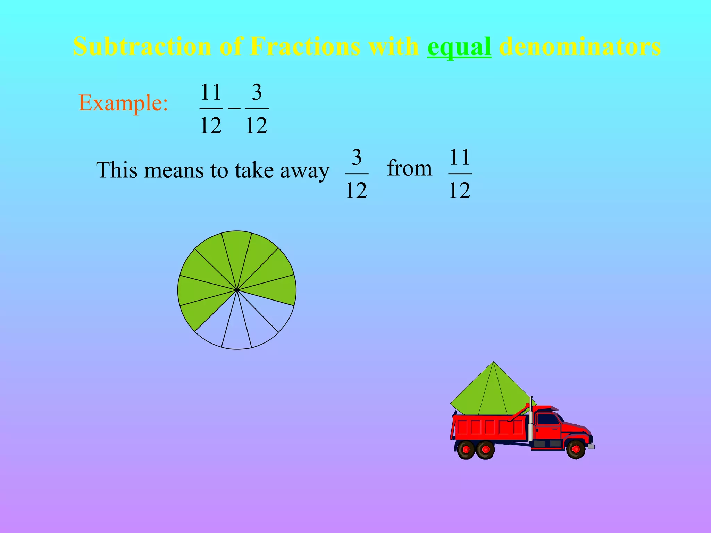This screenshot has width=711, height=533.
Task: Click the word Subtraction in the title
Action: (142, 46)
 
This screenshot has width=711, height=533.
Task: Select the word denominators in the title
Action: (579, 46)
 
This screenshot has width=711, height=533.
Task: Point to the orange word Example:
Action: (123, 103)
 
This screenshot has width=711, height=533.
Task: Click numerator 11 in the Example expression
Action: (211, 92)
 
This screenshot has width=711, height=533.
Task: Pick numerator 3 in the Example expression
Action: (257, 92)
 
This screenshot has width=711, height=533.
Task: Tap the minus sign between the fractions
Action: (234, 108)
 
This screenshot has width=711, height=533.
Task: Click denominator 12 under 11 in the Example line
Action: (211, 125)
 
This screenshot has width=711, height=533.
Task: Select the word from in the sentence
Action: (409, 168)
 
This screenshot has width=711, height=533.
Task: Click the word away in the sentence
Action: (304, 171)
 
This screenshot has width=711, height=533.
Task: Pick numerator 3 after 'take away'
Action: (357, 158)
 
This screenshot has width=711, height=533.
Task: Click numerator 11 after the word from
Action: (460, 158)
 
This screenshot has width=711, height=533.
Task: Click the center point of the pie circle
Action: (237, 290)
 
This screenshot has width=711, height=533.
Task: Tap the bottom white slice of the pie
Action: (237, 330)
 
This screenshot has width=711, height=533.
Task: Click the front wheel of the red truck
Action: (575, 449)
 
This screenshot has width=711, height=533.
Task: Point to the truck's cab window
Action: (548, 419)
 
